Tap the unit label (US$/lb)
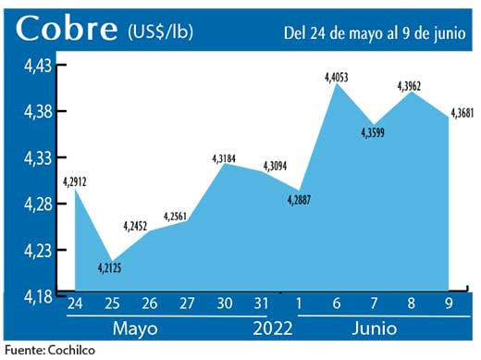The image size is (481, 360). [x=159, y=31]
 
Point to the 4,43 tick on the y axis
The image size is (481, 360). [x=37, y=66]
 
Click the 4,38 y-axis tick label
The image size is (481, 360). [x=37, y=112]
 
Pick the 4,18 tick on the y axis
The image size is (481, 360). [x=37, y=295]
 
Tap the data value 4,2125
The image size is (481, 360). [x=111, y=269]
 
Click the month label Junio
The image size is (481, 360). [x=375, y=329]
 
